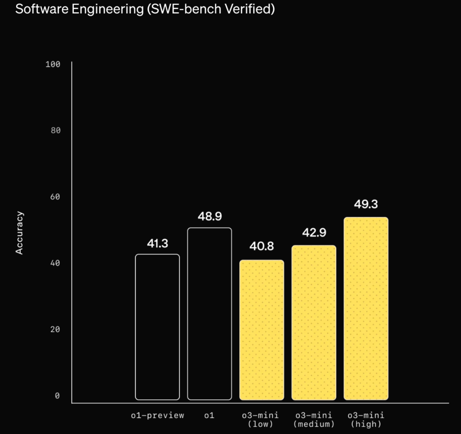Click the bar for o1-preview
point(158,327)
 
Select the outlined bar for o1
point(210,314)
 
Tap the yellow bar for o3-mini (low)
point(262,330)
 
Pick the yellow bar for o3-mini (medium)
point(314,323)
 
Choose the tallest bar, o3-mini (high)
point(366,309)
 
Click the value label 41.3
point(158,243)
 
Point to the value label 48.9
point(210,217)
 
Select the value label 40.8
point(262,246)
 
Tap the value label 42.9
point(314,233)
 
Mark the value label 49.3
point(366,204)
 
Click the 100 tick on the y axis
point(53,64)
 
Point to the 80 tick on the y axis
point(55,130)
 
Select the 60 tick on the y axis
point(55,197)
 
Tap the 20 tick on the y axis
point(55,330)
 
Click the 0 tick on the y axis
point(57,396)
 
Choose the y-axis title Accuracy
point(20,233)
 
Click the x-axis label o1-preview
point(158,415)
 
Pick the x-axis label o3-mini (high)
point(366,420)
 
